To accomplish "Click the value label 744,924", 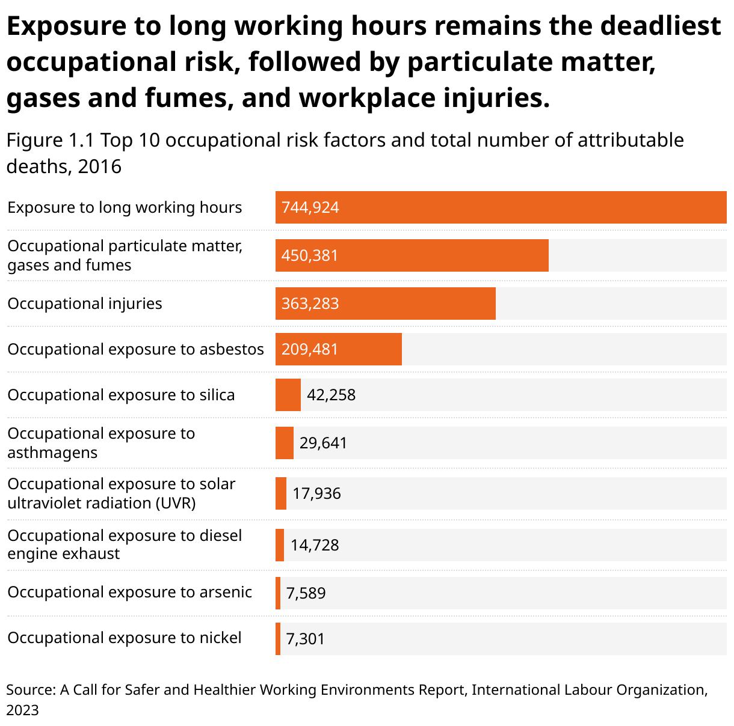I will pos(310,208).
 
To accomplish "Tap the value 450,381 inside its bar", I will pos(310,256).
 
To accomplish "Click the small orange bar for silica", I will pos(288,395).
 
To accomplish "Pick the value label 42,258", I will pos(332,395).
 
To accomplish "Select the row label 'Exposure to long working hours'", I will pos(125,208).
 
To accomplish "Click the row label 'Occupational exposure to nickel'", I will pos(125,638).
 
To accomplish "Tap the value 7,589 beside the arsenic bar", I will pos(306,594).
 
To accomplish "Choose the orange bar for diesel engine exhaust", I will pos(280,545).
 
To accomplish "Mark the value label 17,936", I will pos(316,494).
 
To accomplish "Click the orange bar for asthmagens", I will pos(284,443).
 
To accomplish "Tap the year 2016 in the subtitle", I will pos(100,166).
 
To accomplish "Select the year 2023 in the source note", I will pos(22,710).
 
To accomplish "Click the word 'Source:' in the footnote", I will pos(31,690).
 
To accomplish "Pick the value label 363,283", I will pos(310,304).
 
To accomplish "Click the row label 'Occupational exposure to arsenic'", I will pos(129,592).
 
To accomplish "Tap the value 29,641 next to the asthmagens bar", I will pos(323,444).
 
